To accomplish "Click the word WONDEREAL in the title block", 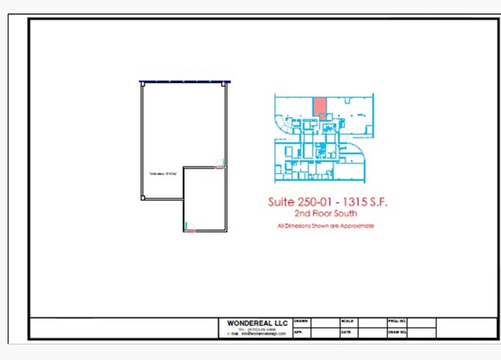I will (x=250, y=323).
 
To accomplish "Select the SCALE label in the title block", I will (x=347, y=321).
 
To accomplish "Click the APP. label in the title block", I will (x=298, y=332).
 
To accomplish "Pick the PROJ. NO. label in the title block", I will (x=397, y=321).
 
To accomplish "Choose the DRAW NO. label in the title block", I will (x=397, y=332).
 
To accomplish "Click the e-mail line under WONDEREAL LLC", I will (x=256, y=334).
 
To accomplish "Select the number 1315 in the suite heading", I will (x=356, y=202).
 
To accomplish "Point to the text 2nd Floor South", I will (x=326, y=213).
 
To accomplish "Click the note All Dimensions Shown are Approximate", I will (x=326, y=226).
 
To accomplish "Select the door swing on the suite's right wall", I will (x=220, y=164).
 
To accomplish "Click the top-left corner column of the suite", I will (x=143, y=85).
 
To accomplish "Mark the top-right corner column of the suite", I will (x=223, y=85).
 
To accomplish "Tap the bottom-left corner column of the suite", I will (x=143, y=198).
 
